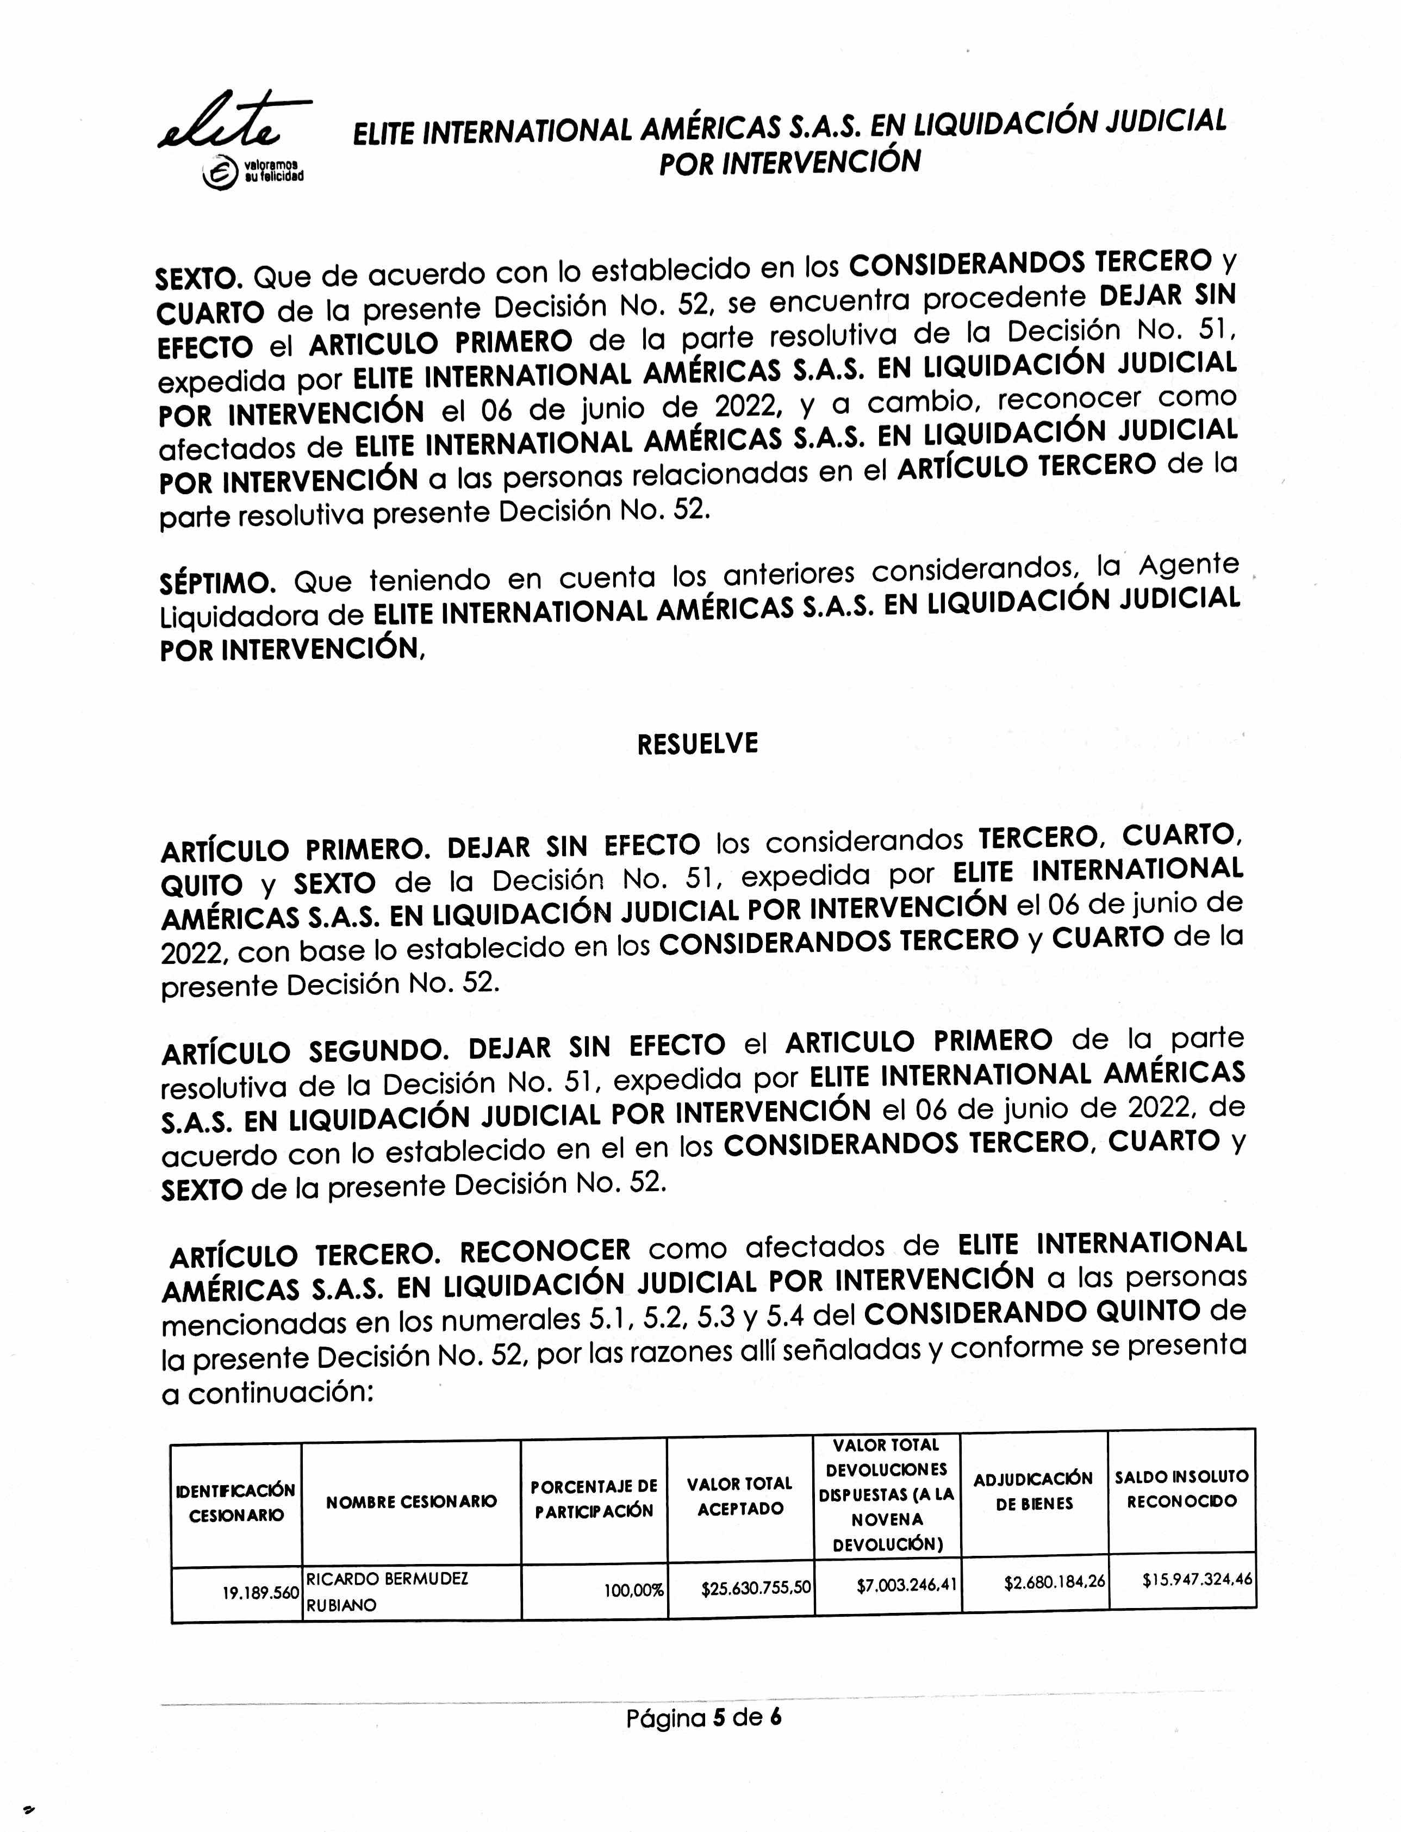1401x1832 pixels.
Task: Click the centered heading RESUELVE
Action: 697,743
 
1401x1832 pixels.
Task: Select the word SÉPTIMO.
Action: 217,582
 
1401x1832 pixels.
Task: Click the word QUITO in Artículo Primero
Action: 202,884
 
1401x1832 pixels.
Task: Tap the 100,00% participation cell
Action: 634,1590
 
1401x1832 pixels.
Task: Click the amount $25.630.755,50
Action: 756,1587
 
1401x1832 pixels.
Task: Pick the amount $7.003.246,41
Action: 906,1585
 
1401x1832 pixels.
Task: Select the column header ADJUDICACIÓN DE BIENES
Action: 1033,1491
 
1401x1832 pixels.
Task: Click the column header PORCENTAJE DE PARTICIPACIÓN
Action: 594,1498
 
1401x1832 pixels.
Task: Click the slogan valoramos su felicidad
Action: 273,170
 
